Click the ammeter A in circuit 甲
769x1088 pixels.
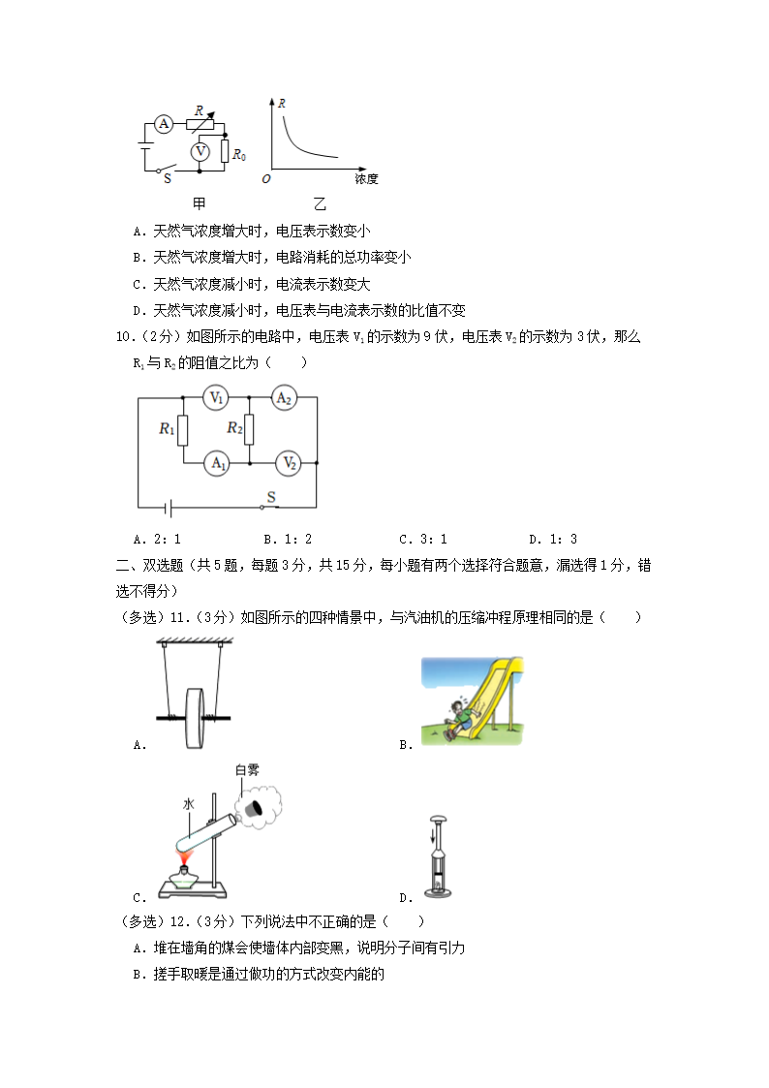tap(164, 123)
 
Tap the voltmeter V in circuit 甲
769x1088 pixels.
tap(200, 151)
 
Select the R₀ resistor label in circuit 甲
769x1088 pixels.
tap(239, 153)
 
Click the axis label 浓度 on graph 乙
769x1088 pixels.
tap(365, 179)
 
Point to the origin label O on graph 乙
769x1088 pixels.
tap(265, 179)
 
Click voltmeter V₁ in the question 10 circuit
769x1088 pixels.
tap(217, 398)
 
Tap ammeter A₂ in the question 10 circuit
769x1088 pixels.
tap(283, 398)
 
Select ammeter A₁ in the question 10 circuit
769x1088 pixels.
tap(217, 463)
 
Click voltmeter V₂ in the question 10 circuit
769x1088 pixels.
tap(287, 463)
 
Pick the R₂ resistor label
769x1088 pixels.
tap(234, 428)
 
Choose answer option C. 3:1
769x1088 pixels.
tap(423, 540)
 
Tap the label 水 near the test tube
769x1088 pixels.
tap(189, 803)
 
